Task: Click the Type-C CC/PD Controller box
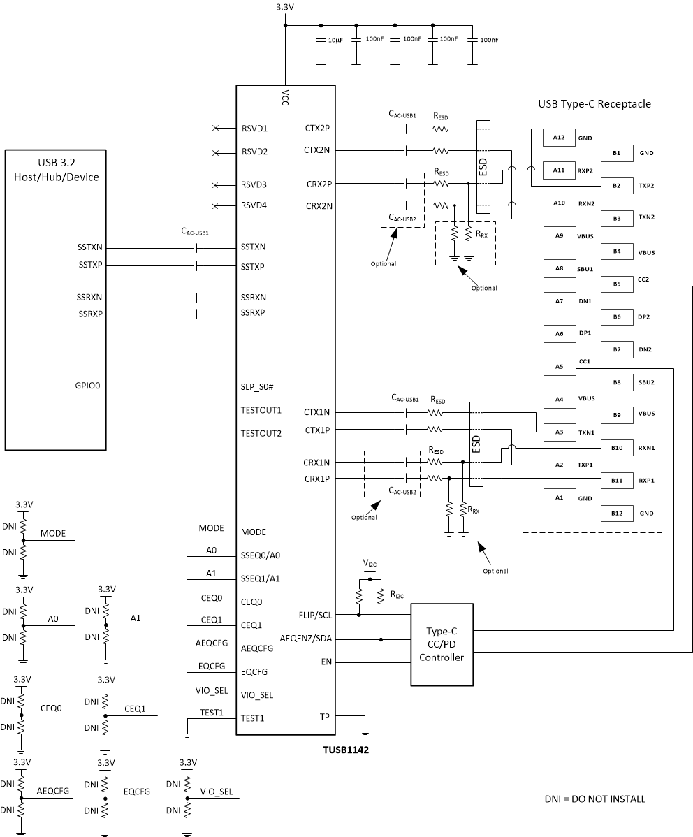442,645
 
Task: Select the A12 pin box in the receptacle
558,138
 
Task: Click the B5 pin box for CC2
616,284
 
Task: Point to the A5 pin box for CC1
558,366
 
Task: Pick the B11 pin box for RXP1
616,480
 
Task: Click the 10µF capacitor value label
335,41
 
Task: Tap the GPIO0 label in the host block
90,386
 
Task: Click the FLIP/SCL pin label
315,615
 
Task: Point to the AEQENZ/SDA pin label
307,639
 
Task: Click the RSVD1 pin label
254,129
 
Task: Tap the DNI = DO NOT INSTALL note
594,799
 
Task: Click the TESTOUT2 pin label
261,433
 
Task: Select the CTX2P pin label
319,129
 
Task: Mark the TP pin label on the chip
324,716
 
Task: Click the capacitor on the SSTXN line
197,248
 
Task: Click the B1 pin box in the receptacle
616,153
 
